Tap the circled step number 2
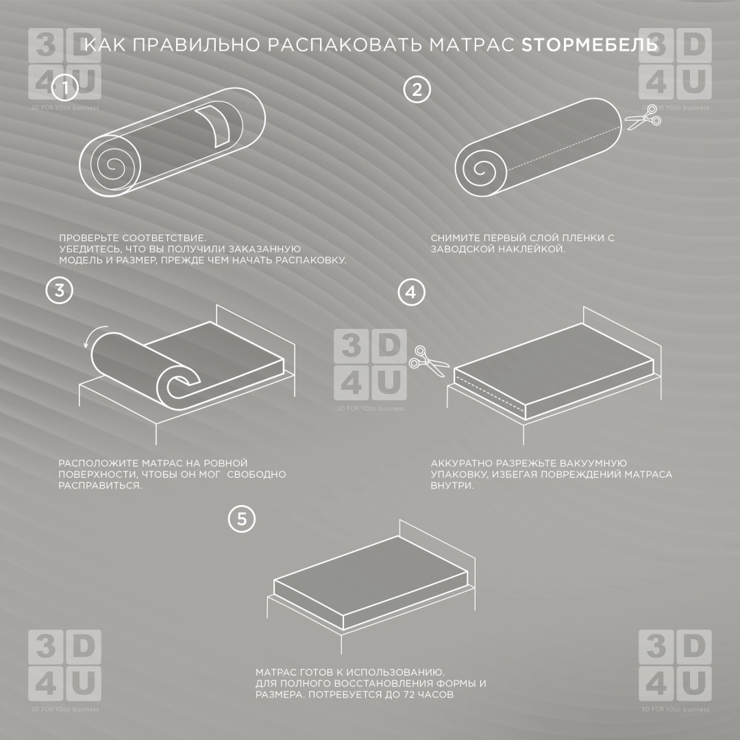click(x=417, y=90)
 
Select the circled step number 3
click(x=60, y=290)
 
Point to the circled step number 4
click(x=412, y=292)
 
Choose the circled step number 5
click(x=242, y=519)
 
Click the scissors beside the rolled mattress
click(x=643, y=118)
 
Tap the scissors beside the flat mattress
click(x=428, y=361)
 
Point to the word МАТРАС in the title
click(x=472, y=45)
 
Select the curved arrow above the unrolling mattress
click(x=95, y=334)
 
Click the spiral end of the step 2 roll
click(x=481, y=169)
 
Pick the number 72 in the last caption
click(x=410, y=695)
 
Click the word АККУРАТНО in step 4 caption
click(x=461, y=463)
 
